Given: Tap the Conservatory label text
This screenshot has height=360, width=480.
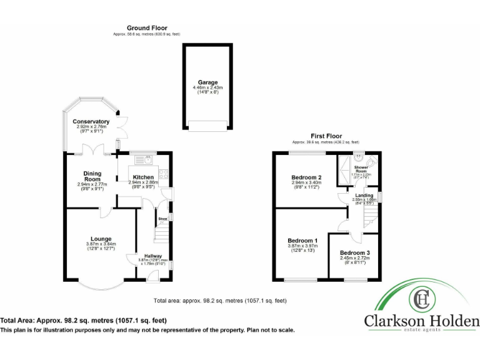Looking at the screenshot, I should (91, 121).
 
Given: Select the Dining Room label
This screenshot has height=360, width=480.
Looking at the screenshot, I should (92, 176).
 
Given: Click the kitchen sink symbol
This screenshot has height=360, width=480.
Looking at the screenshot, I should (141, 160).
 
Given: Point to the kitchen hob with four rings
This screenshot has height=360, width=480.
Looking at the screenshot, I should (162, 175).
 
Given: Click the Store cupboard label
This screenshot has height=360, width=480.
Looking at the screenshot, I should (161, 219).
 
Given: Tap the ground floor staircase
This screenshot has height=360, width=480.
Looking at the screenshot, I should (162, 235).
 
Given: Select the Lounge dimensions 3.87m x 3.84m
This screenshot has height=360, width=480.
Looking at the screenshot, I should (101, 246).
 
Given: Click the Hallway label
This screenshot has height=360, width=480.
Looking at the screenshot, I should (153, 256).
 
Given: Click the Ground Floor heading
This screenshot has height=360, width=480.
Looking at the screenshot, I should (147, 27).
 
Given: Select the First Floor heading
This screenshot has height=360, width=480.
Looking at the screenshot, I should (326, 136).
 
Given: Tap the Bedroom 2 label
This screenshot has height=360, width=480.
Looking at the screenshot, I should (306, 177).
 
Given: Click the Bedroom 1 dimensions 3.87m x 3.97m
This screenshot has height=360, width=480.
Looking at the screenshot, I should (302, 248).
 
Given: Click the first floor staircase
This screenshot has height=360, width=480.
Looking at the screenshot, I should (371, 216).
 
